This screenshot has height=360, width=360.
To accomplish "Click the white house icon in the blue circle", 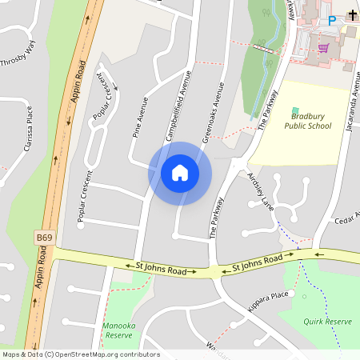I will (180, 173).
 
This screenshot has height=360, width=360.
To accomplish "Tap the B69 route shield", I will (46, 238).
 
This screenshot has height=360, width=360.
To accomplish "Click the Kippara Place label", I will (268, 295).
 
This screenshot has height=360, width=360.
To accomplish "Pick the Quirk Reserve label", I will (327, 321).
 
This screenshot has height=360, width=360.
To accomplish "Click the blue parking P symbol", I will (332, 21).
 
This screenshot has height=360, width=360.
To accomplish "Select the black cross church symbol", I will (353, 15).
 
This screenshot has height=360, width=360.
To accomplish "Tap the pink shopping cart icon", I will (323, 48).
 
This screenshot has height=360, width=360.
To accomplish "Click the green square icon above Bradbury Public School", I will (295, 110).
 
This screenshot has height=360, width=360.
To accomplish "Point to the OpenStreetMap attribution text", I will (80, 354).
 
